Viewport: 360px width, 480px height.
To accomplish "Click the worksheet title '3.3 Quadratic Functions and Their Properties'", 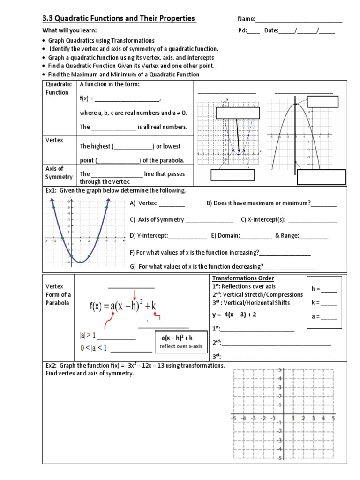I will tap(119, 18).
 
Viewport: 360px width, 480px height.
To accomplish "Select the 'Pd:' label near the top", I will tap(243, 30).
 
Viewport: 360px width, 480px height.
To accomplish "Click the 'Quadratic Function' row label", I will tap(59, 88).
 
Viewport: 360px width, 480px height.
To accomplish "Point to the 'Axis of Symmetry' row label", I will tap(59, 172).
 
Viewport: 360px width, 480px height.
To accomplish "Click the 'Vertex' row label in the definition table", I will tap(54, 140).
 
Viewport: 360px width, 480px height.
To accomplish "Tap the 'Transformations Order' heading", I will tap(242, 278).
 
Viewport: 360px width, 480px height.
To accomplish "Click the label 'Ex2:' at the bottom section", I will tap(52, 366).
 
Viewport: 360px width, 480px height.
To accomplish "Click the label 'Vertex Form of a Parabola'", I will tap(58, 294).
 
